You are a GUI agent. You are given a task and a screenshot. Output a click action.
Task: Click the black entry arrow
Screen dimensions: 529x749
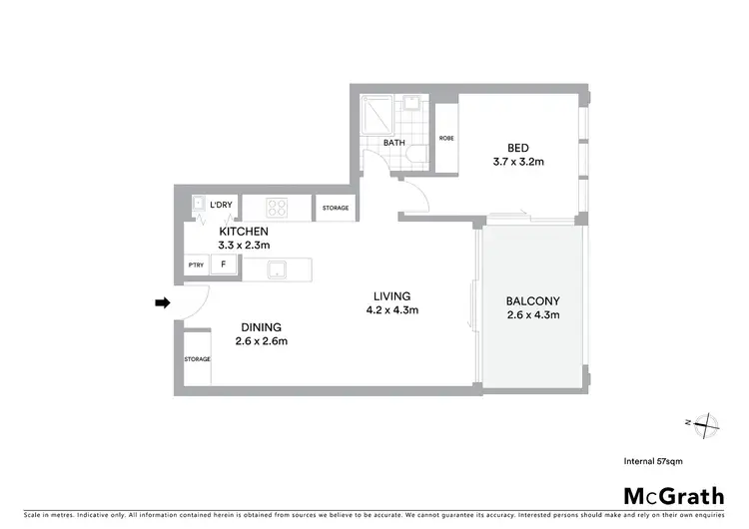(x=160, y=302)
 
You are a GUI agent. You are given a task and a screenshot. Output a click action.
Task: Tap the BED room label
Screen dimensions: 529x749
(x=517, y=146)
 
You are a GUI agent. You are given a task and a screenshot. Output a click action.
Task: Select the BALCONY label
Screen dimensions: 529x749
(x=532, y=300)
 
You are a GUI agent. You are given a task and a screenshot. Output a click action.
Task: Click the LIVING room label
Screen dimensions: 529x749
(x=392, y=295)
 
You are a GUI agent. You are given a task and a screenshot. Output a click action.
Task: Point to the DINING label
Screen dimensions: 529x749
(x=259, y=326)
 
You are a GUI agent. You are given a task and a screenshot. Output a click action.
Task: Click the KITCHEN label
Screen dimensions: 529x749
(x=244, y=231)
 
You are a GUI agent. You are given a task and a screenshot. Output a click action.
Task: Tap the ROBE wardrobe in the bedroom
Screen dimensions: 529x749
(x=446, y=138)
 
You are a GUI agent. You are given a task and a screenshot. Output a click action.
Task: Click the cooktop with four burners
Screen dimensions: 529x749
(x=279, y=208)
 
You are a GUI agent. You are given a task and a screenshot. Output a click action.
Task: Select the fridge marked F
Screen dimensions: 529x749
(x=224, y=265)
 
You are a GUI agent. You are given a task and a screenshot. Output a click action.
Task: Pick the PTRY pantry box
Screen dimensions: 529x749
(x=196, y=265)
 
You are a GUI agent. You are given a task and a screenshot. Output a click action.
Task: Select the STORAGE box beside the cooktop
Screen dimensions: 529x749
(x=335, y=208)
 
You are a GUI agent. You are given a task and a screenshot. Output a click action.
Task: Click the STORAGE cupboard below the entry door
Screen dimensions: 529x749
(x=197, y=358)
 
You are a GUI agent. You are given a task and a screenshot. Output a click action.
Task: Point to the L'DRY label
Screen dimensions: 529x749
(x=221, y=205)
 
